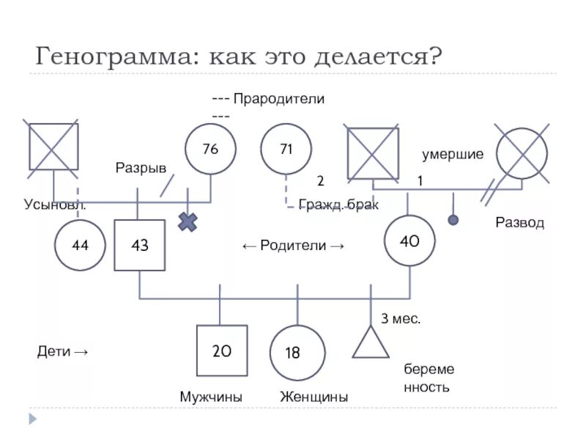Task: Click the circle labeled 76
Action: click(x=210, y=149)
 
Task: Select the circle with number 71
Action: click(x=286, y=149)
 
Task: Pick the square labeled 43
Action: click(x=139, y=245)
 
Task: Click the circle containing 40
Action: click(x=410, y=241)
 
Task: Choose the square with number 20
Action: click(x=222, y=351)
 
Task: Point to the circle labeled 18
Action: click(x=297, y=353)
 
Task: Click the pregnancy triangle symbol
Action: click(x=371, y=342)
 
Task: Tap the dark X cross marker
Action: click(x=188, y=221)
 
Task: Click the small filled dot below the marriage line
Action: click(x=453, y=219)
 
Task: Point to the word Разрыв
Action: click(x=141, y=168)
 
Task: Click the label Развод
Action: click(x=520, y=222)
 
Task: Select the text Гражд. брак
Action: click(x=338, y=205)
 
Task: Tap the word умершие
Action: click(x=453, y=155)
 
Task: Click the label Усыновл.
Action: click(x=55, y=205)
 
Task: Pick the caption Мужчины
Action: click(x=211, y=397)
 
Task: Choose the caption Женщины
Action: click(x=314, y=397)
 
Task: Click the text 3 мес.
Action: click(x=401, y=318)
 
